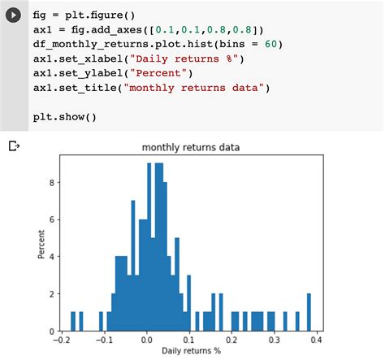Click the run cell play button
tap(14, 17)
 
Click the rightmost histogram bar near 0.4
tap(309, 313)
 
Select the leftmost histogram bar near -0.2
tap(72, 322)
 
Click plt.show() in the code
tap(64, 116)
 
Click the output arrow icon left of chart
tap(14, 147)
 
